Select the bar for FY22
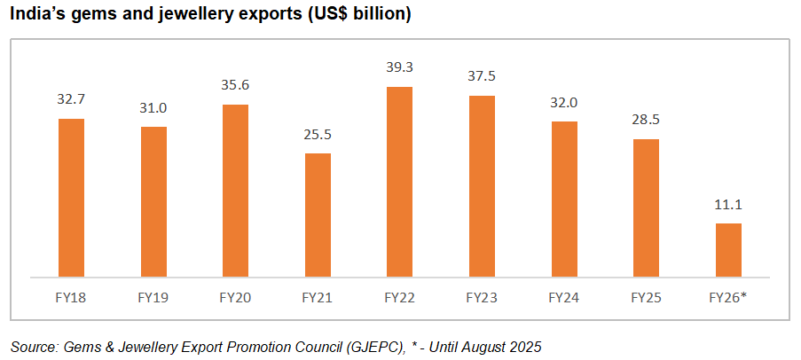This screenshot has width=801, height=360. point(399,181)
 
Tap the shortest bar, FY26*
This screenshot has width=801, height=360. point(727,249)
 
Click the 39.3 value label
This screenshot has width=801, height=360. point(399,67)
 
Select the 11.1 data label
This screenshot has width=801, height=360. point(727,204)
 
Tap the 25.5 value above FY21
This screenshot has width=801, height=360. point(318,134)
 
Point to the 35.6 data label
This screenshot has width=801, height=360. point(235,85)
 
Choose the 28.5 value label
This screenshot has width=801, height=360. point(646,120)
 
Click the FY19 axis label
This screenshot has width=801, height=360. point(153,297)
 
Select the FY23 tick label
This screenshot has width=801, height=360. point(482,297)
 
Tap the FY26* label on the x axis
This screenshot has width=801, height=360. point(727,297)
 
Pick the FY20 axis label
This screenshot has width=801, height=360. point(235,297)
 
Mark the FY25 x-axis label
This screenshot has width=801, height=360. point(646,297)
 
